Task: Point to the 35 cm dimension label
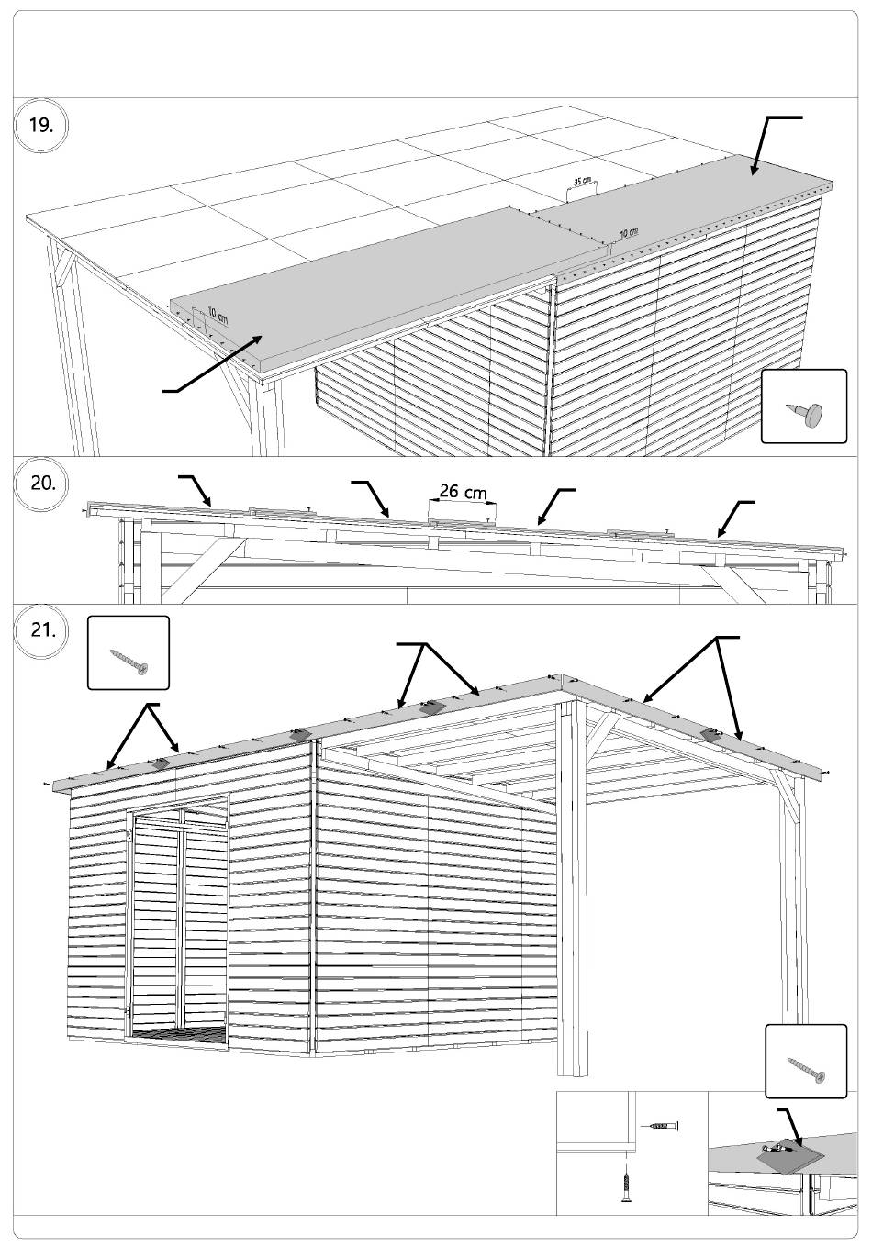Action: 581,180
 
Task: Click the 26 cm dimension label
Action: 463,492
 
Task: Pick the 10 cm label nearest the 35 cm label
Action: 629,233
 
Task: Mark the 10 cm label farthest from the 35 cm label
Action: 218,314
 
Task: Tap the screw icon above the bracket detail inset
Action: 806,1068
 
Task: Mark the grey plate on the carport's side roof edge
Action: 710,734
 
